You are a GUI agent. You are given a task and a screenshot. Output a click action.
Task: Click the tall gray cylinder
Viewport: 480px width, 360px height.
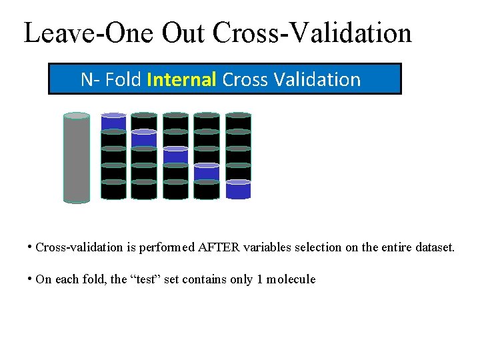coord(77,158)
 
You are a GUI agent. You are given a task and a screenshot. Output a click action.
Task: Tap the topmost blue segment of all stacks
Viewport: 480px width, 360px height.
coord(113,123)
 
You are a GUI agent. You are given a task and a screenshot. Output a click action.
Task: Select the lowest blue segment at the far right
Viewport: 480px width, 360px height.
coord(238,190)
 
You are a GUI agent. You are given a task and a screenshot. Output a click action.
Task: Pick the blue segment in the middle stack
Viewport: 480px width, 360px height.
coord(175,155)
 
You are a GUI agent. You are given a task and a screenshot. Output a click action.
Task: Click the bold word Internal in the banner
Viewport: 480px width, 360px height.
coord(181,79)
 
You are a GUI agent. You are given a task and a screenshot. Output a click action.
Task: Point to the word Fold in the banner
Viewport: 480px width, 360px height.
coord(123,79)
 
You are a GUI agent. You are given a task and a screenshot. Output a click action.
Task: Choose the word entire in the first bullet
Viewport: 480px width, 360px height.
coord(393,247)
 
